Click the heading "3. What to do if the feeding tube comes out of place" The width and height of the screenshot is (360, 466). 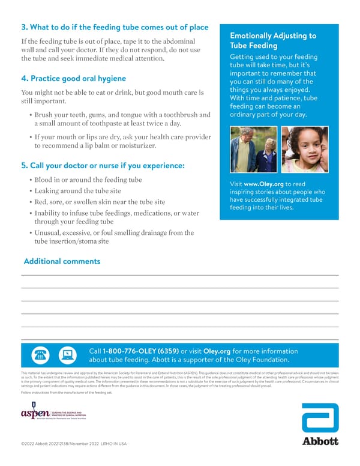click(x=115, y=28)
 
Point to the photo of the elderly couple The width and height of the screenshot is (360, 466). click(x=254, y=150)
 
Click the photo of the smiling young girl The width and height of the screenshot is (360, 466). click(x=305, y=150)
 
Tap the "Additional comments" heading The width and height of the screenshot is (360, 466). click(x=62, y=261)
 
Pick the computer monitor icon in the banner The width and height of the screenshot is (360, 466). click(x=67, y=356)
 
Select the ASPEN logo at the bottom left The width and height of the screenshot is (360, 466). click(x=53, y=415)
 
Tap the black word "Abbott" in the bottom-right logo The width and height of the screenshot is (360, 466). click(x=319, y=441)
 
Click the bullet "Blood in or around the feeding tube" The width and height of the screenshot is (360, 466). click(x=89, y=180)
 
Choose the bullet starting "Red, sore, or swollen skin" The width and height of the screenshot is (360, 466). click(x=100, y=202)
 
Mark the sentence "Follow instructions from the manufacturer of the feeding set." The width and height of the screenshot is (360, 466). click(x=75, y=392)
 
